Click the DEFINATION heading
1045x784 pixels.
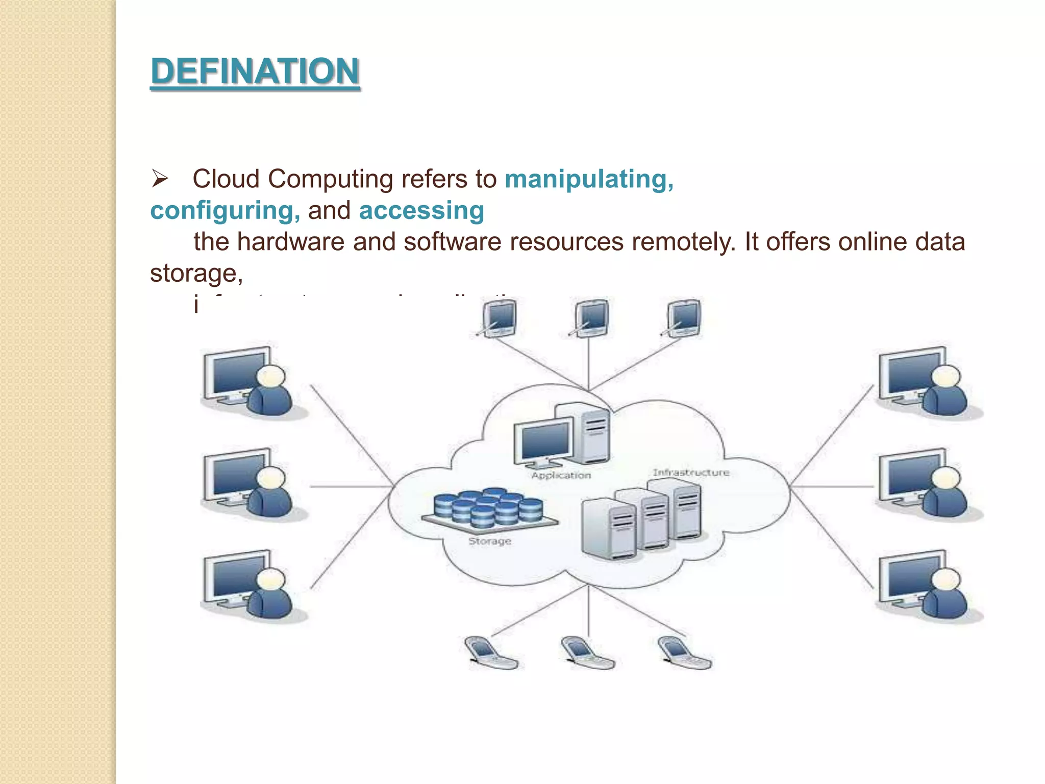tap(255, 71)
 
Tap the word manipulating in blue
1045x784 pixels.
tap(588, 179)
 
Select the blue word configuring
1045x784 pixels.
tap(225, 211)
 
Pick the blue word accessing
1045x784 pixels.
tap(421, 211)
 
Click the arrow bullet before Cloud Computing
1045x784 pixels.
tap(160, 179)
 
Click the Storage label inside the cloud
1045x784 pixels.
tap(489, 541)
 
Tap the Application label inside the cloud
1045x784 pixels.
tap(561, 475)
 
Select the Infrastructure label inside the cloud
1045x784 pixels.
tap(691, 473)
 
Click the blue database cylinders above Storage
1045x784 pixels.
tap(488, 508)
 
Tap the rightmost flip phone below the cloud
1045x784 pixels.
tap(683, 653)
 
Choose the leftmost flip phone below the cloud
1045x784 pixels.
tap(491, 653)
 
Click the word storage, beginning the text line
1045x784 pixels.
tap(196, 274)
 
